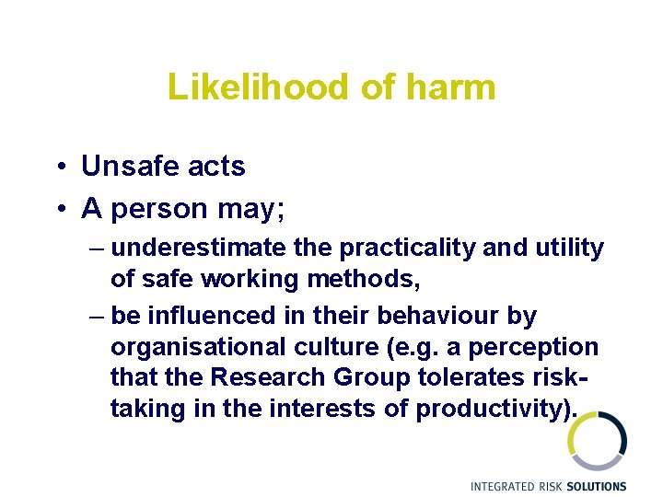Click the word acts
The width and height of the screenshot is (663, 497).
(x=215, y=167)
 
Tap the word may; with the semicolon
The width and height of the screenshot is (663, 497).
(x=251, y=210)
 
